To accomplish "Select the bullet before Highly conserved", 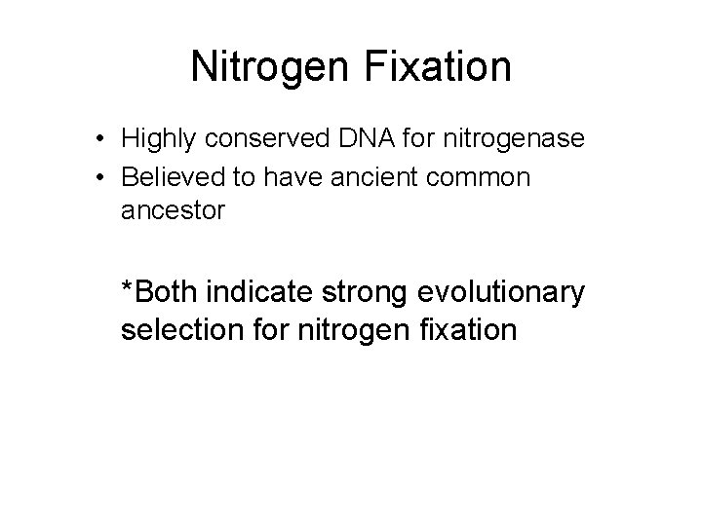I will coord(101,140).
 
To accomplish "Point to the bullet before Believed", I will coord(101,178).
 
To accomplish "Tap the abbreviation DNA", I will coord(362,139).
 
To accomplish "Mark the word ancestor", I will coord(173,209).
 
